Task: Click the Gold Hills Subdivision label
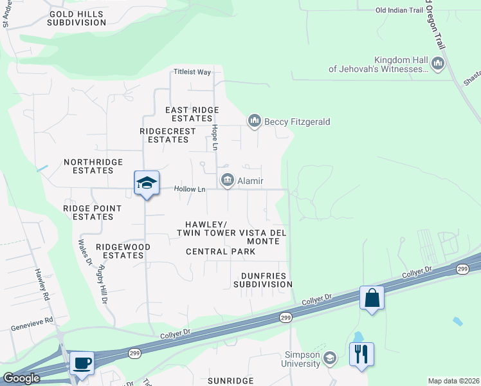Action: coord(77,18)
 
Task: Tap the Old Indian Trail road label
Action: coord(399,10)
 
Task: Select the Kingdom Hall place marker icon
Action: coord(439,63)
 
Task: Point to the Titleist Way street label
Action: coord(192,72)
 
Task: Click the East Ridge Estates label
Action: coord(192,115)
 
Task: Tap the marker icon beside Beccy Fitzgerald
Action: coord(255,121)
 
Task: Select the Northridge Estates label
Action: coord(89,167)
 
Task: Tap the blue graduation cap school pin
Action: coord(147,183)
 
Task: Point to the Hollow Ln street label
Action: coord(190,189)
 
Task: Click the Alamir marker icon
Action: coord(227,181)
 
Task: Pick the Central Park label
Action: coord(221,252)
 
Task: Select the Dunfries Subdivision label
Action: coord(263,280)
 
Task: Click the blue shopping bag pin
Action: coord(372,298)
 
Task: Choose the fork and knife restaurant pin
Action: coord(361,354)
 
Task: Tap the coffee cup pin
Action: coord(82,363)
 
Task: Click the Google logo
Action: coord(22,378)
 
